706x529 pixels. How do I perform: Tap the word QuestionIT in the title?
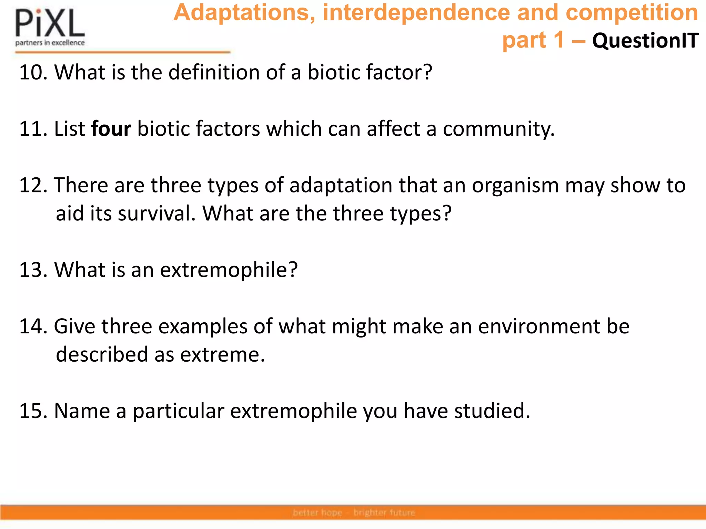(x=645, y=40)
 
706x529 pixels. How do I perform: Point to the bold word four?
(x=111, y=129)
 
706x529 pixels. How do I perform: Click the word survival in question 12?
(x=157, y=214)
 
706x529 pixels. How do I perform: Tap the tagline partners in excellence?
(x=50, y=43)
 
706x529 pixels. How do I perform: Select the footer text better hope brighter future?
(x=354, y=513)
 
